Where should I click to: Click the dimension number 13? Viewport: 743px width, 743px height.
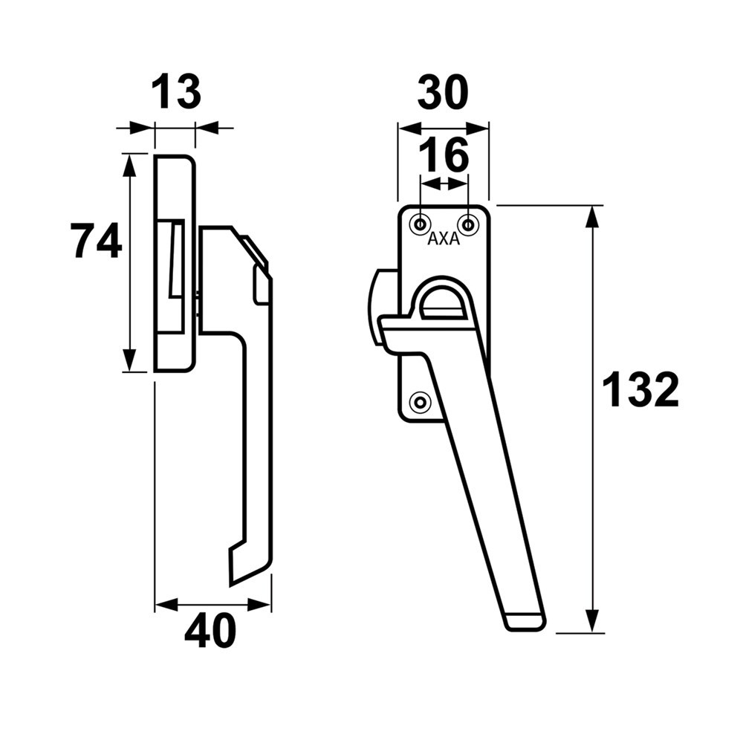pyautogui.click(x=176, y=93)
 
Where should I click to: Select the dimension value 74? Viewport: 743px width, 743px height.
pyautogui.click(x=96, y=241)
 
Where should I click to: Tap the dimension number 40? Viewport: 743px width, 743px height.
pyautogui.click(x=210, y=632)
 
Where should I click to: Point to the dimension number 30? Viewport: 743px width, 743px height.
pyautogui.click(x=443, y=94)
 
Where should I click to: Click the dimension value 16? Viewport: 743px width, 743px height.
pyautogui.click(x=444, y=155)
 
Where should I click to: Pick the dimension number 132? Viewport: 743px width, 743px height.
pyautogui.click(x=640, y=390)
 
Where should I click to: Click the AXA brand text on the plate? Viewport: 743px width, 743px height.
pyautogui.click(x=444, y=240)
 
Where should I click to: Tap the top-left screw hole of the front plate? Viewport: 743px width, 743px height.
pyautogui.click(x=421, y=223)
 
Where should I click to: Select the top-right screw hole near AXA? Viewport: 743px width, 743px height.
pyautogui.click(x=468, y=223)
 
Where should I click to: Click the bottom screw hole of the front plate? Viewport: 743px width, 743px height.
pyautogui.click(x=421, y=402)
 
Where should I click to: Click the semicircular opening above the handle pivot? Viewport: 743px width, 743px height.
pyautogui.click(x=444, y=301)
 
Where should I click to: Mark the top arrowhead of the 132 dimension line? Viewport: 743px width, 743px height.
pyautogui.click(x=592, y=215)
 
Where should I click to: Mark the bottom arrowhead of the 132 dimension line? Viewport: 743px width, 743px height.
pyautogui.click(x=592, y=623)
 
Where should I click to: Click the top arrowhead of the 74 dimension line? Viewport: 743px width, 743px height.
pyautogui.click(x=130, y=164)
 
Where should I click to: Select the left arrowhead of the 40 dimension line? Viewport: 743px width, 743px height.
pyautogui.click(x=165, y=605)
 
